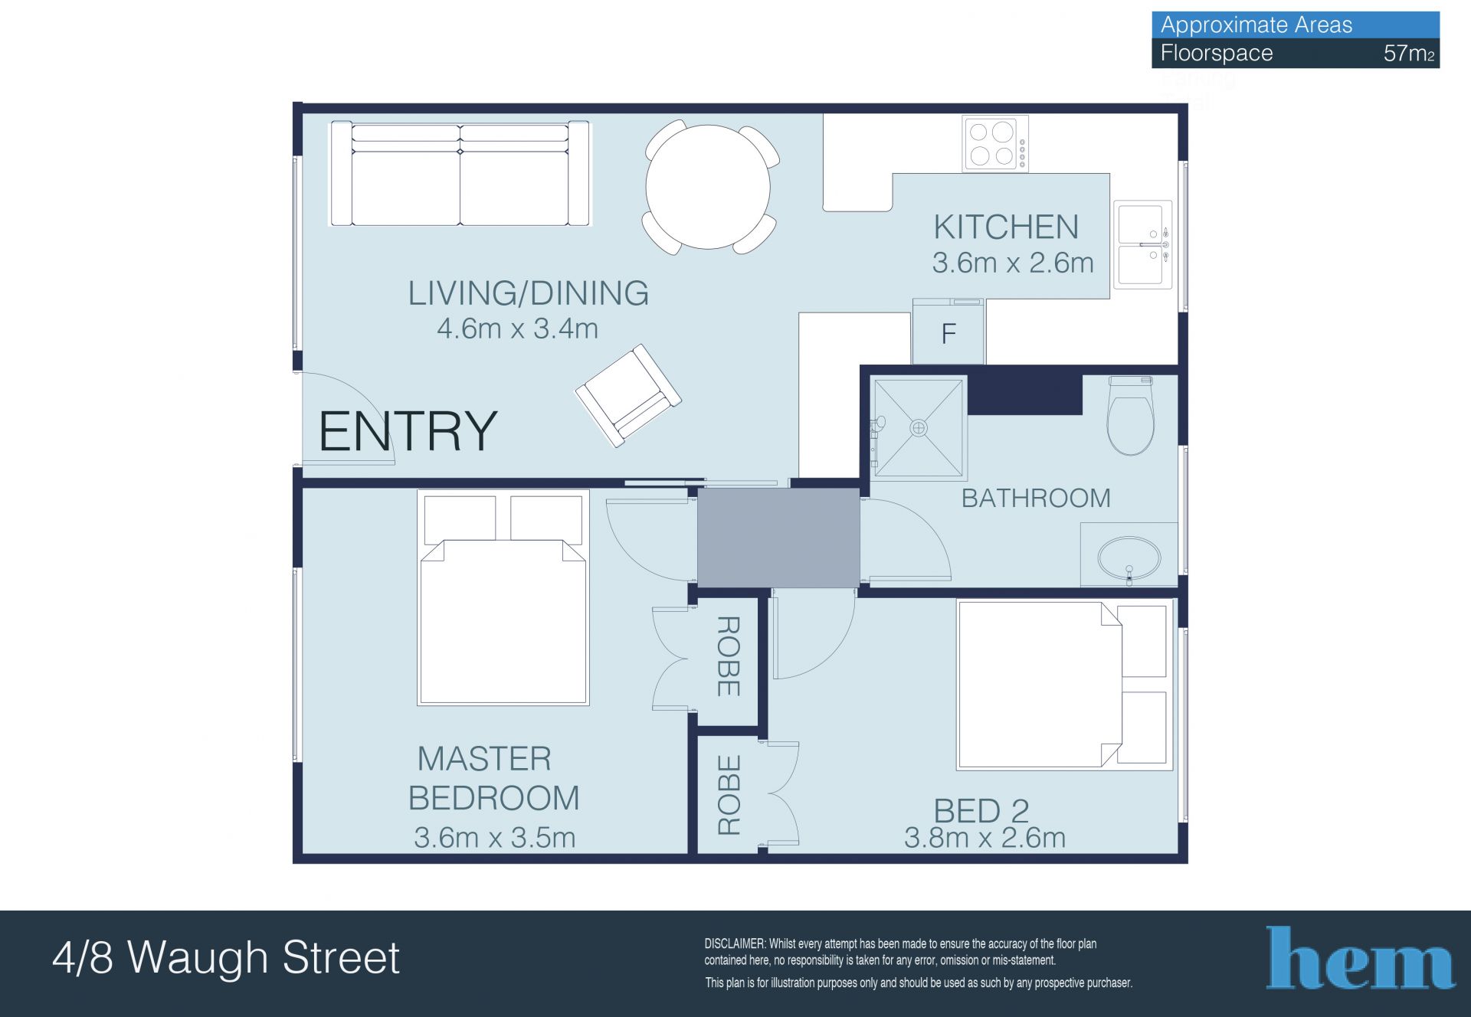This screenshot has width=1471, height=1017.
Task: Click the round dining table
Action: click(x=708, y=187)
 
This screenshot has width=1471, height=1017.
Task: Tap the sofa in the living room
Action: click(x=460, y=174)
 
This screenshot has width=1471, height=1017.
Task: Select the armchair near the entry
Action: click(x=628, y=395)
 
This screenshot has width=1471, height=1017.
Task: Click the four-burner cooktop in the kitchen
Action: click(x=995, y=144)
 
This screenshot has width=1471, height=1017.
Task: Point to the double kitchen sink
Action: click(x=1142, y=244)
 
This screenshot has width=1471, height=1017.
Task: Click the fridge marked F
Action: click(x=948, y=332)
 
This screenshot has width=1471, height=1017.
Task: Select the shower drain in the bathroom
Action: click(x=919, y=428)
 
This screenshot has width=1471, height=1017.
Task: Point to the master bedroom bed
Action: click(x=503, y=597)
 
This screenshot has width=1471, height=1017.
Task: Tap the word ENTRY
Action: click(x=408, y=431)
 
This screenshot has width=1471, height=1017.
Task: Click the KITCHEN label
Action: click(x=1006, y=227)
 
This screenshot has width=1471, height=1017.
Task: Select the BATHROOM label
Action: click(x=1036, y=499)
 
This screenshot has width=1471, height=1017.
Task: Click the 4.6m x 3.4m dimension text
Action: click(x=517, y=329)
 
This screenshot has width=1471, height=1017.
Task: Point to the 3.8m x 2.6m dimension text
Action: click(x=984, y=838)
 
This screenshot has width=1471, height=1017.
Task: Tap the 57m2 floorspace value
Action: click(x=1409, y=54)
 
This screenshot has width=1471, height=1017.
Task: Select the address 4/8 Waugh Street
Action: click(x=226, y=957)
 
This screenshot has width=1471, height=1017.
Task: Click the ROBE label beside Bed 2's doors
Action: click(x=729, y=795)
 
